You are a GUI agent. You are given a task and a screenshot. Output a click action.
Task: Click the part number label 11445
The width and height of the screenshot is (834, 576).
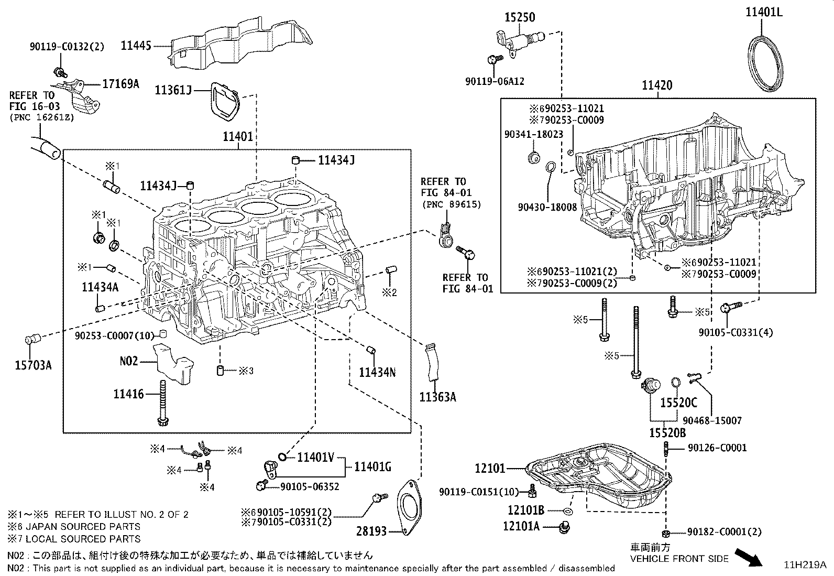[x=136, y=46]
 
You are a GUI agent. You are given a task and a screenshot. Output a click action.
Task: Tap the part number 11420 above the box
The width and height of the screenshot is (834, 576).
[x=657, y=85]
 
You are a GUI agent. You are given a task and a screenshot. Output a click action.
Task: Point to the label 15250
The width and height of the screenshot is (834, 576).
[x=520, y=17]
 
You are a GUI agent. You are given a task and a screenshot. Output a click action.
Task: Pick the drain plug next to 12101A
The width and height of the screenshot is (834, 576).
[x=564, y=527]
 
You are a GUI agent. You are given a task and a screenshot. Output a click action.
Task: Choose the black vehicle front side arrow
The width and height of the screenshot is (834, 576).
[x=749, y=557]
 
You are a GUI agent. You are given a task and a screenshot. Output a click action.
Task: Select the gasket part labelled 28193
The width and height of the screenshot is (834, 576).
[x=409, y=508]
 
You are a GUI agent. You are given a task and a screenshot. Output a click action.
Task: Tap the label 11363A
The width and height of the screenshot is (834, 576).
[x=437, y=397]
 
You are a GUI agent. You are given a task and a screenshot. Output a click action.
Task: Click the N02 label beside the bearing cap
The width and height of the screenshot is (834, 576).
[x=129, y=361]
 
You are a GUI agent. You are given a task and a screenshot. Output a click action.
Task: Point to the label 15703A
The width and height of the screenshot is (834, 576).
[x=33, y=365]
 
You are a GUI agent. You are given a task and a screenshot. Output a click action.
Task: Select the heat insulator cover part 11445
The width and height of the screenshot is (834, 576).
[x=238, y=43]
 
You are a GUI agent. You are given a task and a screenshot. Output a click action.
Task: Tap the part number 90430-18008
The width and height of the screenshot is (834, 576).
[x=547, y=207]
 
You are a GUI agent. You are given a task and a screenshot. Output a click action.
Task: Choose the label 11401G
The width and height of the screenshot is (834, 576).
[x=372, y=466]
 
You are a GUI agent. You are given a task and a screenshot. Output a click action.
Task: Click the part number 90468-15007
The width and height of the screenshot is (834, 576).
[x=712, y=421]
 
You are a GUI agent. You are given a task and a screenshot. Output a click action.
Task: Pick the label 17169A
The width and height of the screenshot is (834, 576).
[x=120, y=84]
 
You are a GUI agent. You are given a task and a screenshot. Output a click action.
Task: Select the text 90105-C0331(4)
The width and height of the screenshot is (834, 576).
[x=736, y=332]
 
